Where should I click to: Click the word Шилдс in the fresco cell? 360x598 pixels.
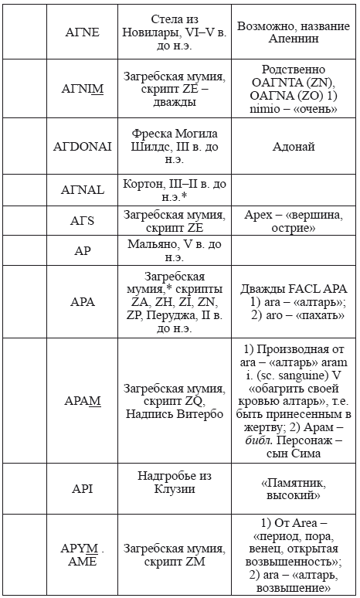148,145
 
